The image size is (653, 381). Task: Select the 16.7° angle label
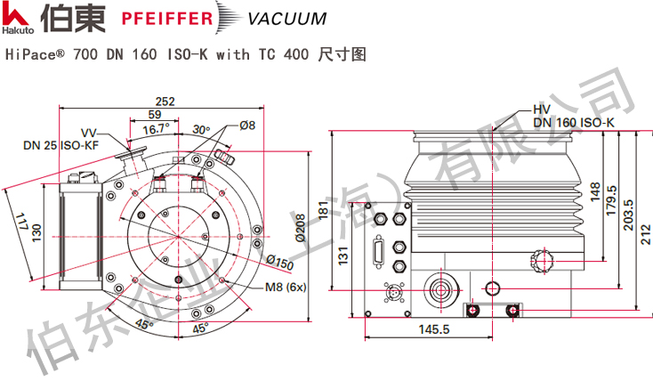[x=157, y=129]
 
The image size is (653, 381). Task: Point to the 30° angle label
[x=200, y=128]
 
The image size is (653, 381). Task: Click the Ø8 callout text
[x=247, y=126]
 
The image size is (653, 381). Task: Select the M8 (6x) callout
[x=286, y=287]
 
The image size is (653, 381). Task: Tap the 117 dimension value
[x=21, y=218]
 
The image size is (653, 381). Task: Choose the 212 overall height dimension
[x=646, y=219]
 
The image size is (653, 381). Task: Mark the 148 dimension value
[x=593, y=190]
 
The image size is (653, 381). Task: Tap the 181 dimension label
[x=324, y=208]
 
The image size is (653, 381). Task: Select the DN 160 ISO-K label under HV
[x=574, y=122]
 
